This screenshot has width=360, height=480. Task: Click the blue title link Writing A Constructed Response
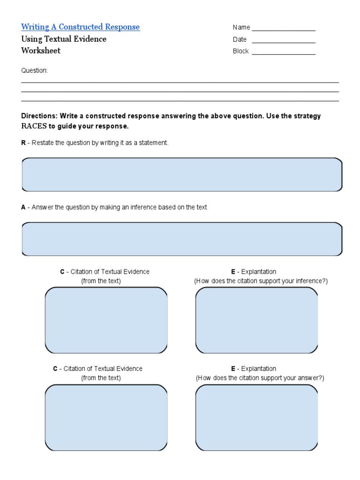click(80, 27)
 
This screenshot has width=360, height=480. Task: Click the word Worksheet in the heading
click(41, 51)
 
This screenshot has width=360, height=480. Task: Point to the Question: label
click(34, 71)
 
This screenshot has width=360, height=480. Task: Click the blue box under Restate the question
click(182, 175)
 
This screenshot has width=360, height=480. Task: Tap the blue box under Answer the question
click(182, 239)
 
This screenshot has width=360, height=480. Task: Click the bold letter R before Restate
click(23, 143)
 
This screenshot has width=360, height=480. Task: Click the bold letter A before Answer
click(23, 207)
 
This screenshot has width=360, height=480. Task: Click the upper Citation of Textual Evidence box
click(106, 320)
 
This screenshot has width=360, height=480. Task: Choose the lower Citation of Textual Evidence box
click(106, 417)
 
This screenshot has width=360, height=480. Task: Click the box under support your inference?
click(256, 320)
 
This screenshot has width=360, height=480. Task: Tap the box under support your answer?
click(256, 417)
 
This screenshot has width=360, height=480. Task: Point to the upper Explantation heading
click(258, 272)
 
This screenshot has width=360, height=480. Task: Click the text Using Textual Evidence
click(64, 39)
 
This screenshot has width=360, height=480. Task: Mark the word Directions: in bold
click(39, 116)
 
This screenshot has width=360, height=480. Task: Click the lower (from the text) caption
click(101, 378)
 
